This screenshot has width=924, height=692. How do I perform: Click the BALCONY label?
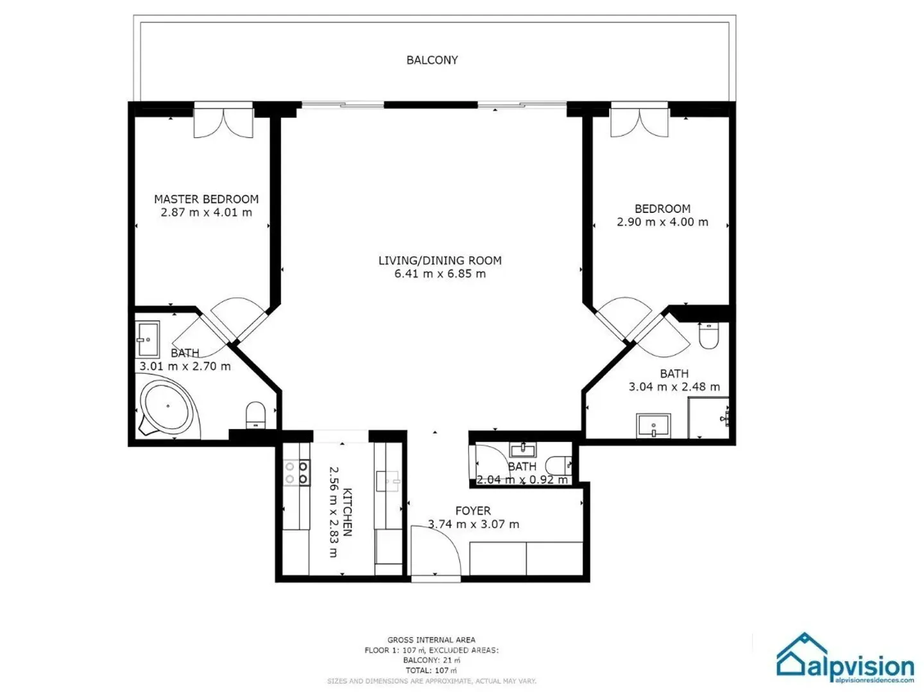point(432,60)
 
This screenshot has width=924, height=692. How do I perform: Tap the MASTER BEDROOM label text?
point(206,199)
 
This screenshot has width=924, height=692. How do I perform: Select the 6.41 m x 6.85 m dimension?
point(440,274)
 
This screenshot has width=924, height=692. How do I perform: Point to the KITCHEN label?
point(347,512)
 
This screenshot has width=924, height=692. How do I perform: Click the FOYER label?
point(473,511)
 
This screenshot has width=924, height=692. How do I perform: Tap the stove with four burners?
point(296,473)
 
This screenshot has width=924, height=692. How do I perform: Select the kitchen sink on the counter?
point(388,480)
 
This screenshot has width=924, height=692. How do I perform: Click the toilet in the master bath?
point(255,414)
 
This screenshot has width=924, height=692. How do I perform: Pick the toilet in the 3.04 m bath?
point(708,335)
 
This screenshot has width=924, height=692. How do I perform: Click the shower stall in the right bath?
point(708,418)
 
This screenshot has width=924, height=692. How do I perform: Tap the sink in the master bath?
point(148,339)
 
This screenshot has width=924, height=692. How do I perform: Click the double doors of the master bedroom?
point(223,122)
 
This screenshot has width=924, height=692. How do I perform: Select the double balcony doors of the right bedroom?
point(639,122)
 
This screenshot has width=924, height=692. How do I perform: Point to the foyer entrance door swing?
point(435,552)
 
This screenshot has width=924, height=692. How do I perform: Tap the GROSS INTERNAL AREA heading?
point(431,639)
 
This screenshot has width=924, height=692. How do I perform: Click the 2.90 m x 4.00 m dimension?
point(662,223)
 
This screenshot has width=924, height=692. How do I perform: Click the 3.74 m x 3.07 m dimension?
point(474,524)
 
